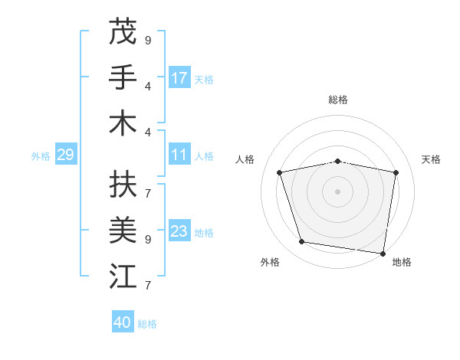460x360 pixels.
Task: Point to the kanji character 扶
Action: click(x=123, y=184)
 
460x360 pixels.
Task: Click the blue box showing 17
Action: click(x=179, y=77)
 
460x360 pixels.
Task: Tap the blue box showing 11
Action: click(x=179, y=155)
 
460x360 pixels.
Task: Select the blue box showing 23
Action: click(x=179, y=231)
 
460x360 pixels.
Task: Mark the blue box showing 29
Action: click(x=65, y=155)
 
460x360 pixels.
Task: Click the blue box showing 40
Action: click(x=123, y=322)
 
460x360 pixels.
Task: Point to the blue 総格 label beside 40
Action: click(x=147, y=323)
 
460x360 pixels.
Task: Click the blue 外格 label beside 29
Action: click(x=41, y=155)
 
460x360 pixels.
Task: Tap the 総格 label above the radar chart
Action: click(x=337, y=100)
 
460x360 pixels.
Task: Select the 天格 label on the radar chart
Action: click(x=431, y=159)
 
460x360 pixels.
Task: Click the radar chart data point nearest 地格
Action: click(x=383, y=252)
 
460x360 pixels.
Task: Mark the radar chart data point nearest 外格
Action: click(x=301, y=242)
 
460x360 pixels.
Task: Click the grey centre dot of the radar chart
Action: click(x=337, y=191)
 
